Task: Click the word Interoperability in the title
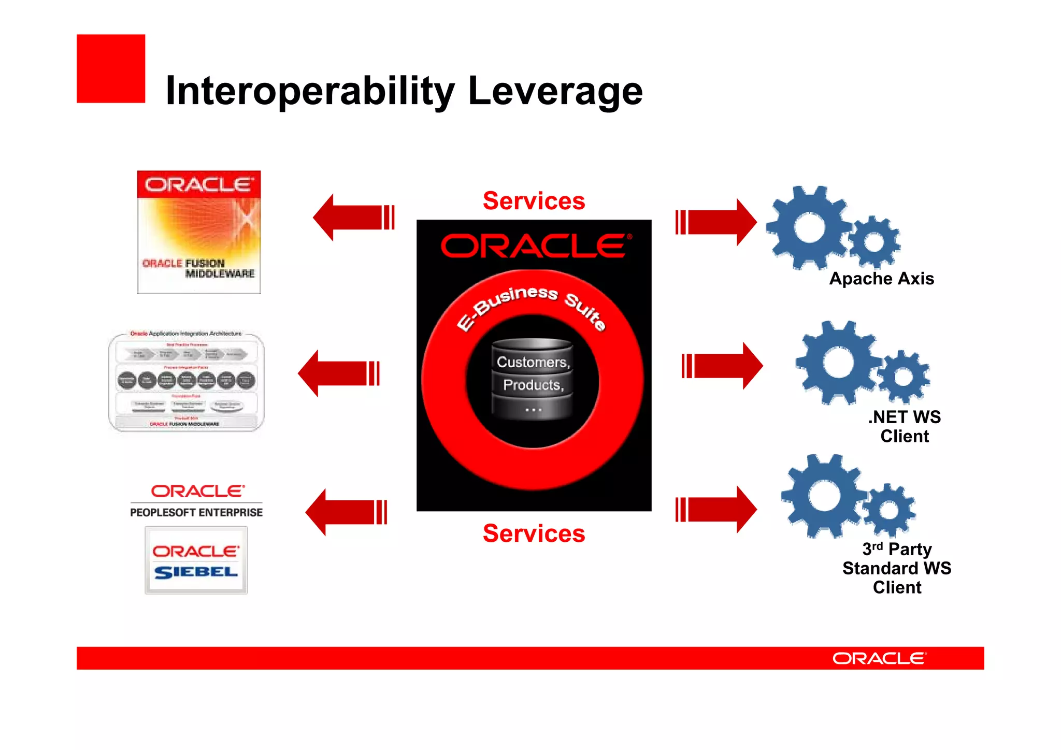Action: click(x=309, y=91)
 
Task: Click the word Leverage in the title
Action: click(x=555, y=91)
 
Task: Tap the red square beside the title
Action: click(x=111, y=68)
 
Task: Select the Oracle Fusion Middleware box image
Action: click(x=199, y=232)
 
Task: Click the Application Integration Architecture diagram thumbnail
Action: click(x=187, y=381)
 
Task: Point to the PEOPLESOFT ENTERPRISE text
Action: click(x=196, y=512)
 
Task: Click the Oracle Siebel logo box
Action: click(x=196, y=560)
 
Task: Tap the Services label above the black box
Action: click(x=534, y=201)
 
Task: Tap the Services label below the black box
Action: click(x=534, y=533)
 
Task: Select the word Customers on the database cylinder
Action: click(x=532, y=362)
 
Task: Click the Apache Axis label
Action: click(x=882, y=279)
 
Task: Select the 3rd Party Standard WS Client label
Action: click(x=897, y=568)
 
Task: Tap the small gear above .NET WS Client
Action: click(x=904, y=377)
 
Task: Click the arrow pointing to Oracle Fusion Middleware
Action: click(x=354, y=218)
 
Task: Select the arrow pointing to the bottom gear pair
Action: click(x=715, y=510)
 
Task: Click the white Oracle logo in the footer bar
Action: click(x=879, y=658)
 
